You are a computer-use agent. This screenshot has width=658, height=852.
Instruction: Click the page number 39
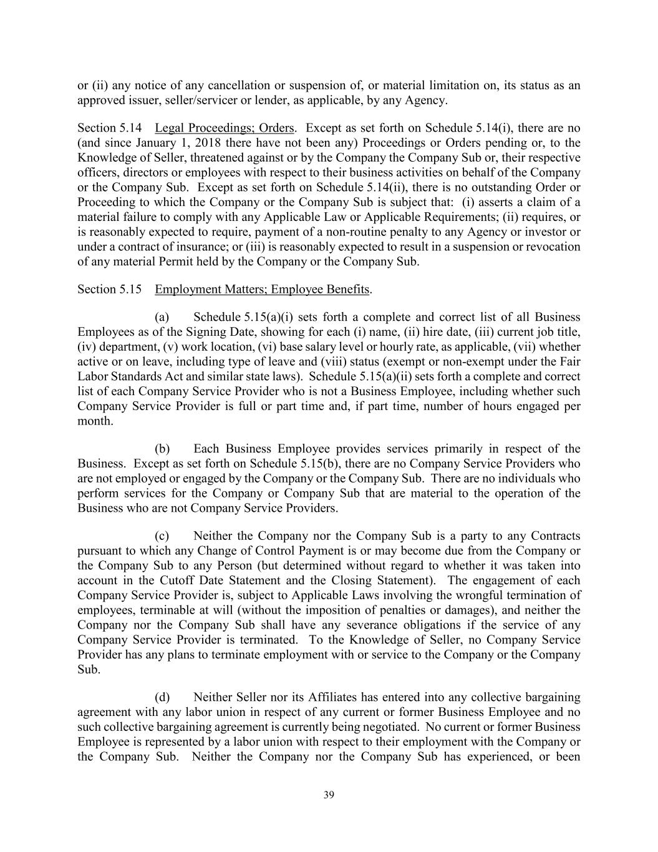coord(329,795)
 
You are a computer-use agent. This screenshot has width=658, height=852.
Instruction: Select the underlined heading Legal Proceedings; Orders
coord(224,128)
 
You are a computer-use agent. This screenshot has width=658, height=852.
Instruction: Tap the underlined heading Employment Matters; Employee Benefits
coord(262,290)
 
